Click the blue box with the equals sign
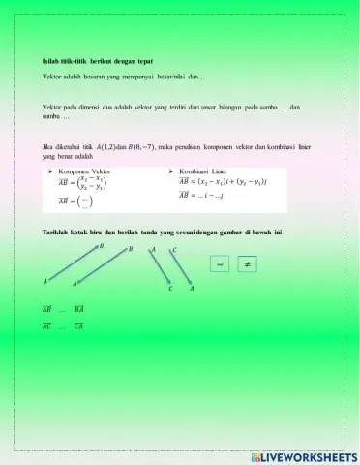(220, 263)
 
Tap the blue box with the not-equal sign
(248, 263)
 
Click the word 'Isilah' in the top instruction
(53, 61)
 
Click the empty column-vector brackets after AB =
(86, 202)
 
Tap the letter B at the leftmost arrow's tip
(101, 245)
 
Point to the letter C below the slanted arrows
(169, 289)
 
